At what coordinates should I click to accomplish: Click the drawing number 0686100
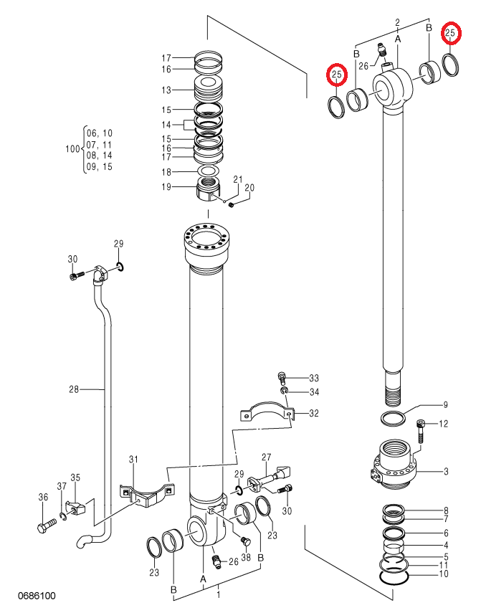[37, 596]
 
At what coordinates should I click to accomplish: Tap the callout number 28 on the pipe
[74, 389]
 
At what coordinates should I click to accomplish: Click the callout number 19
[166, 186]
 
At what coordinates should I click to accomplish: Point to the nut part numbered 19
[209, 190]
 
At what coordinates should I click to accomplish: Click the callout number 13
[166, 90]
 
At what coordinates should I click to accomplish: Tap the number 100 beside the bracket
[72, 149]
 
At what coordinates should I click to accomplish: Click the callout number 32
[314, 413]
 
